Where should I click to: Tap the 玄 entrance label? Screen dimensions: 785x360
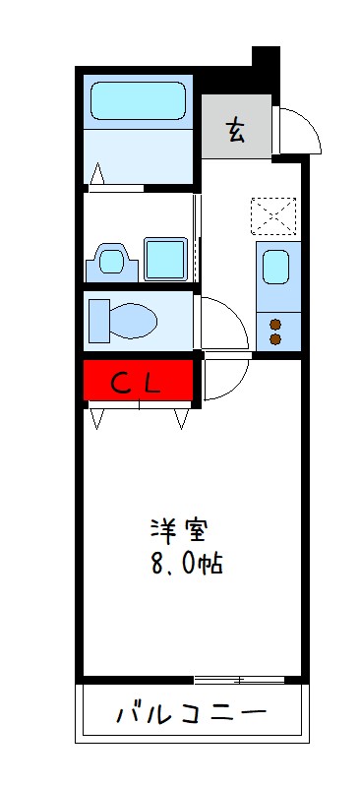click(x=237, y=130)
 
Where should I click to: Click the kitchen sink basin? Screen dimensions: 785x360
click(x=277, y=267)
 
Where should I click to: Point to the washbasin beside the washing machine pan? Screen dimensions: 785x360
click(x=111, y=262)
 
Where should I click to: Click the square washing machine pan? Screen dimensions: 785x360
click(x=164, y=259)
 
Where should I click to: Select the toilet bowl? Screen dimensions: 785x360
click(x=122, y=320)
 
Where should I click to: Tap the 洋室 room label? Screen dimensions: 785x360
click(x=177, y=530)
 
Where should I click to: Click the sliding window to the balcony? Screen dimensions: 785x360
click(x=239, y=679)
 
